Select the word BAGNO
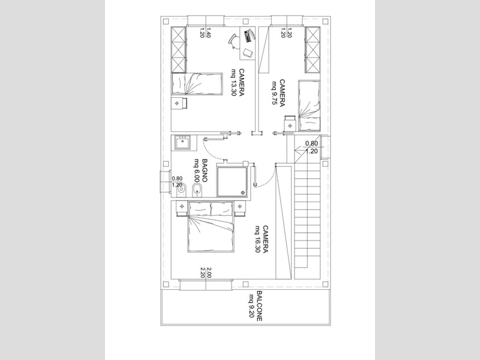pyautogui.click(x=205, y=172)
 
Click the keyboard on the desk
pyautogui.click(x=248, y=35)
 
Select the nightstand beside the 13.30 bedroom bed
pyautogui.click(x=178, y=103)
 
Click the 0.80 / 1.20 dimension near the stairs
pyautogui.click(x=311, y=148)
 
